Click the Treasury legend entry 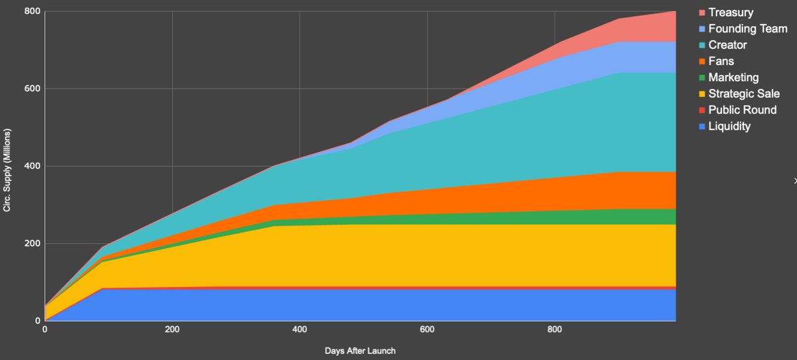coord(731,13)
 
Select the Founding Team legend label coord(748,29)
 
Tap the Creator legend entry coord(727,45)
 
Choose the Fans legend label coord(721,61)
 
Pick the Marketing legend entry coord(733,78)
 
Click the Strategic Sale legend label coord(744,94)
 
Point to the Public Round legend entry coord(742,110)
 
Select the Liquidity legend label coord(729,126)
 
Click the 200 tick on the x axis coord(172,329)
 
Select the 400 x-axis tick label coord(300,329)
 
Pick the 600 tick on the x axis coord(427,329)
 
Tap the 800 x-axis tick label coord(555,329)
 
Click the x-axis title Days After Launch coord(360,351)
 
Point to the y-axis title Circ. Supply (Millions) coord(7,166)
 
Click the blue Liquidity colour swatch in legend coord(702,127)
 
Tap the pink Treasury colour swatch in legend coord(702,13)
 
